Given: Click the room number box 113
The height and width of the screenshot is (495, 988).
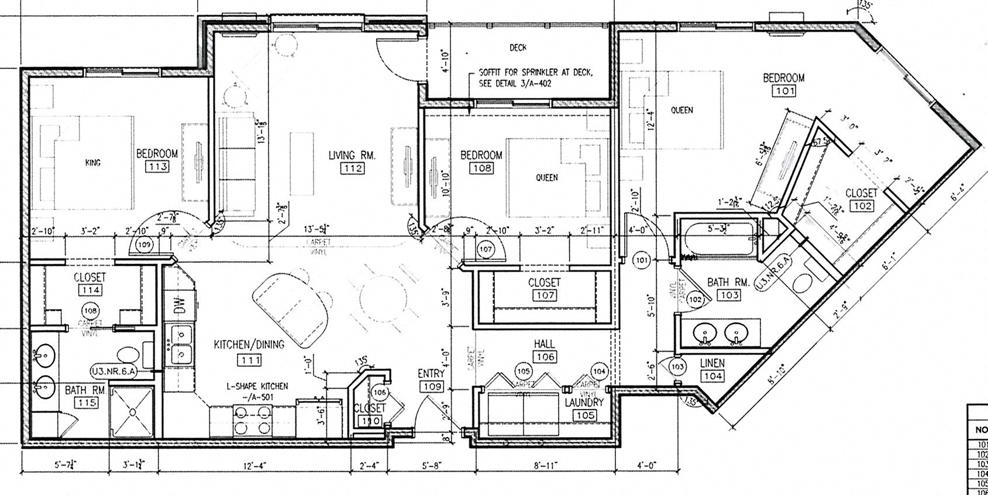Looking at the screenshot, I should (x=158, y=167).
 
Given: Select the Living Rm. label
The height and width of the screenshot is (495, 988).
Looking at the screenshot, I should (x=351, y=155).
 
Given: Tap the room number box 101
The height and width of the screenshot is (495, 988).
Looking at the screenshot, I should (x=783, y=91).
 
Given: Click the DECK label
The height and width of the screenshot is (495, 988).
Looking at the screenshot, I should (x=518, y=48).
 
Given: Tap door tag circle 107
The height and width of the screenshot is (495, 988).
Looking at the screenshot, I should (x=486, y=249).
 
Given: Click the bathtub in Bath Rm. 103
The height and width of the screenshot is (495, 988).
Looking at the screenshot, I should (x=717, y=240).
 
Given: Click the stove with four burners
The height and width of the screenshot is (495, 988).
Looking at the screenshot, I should (x=252, y=420).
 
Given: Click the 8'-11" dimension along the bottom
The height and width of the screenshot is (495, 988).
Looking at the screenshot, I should (x=541, y=466).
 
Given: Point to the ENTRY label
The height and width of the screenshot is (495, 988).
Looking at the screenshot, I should (x=431, y=373).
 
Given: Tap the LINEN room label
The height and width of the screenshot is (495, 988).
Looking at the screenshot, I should (x=712, y=364).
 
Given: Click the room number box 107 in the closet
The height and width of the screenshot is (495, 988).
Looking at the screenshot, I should (x=544, y=295).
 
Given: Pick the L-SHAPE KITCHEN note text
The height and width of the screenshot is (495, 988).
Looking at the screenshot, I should (x=257, y=386).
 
